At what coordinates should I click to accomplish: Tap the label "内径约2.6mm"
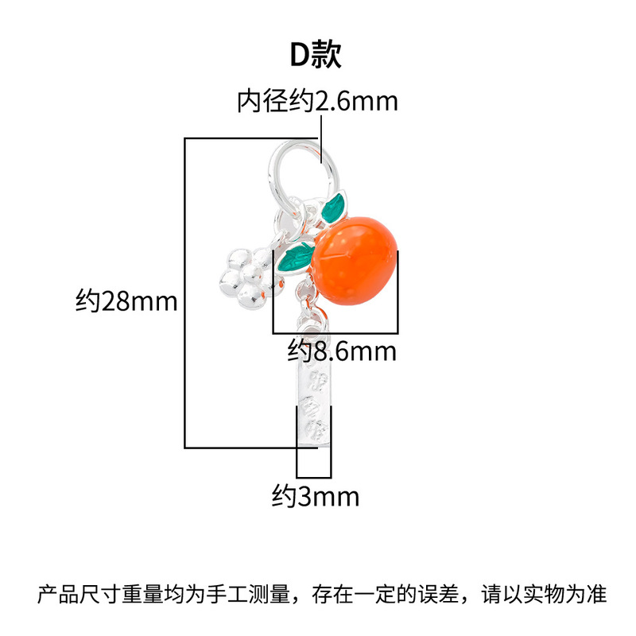[317, 102]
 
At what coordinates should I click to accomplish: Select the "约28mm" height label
[126, 302]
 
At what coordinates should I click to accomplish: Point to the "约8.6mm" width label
[342, 350]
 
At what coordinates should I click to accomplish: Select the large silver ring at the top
[296, 169]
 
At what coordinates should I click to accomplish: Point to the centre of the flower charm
[243, 275]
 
